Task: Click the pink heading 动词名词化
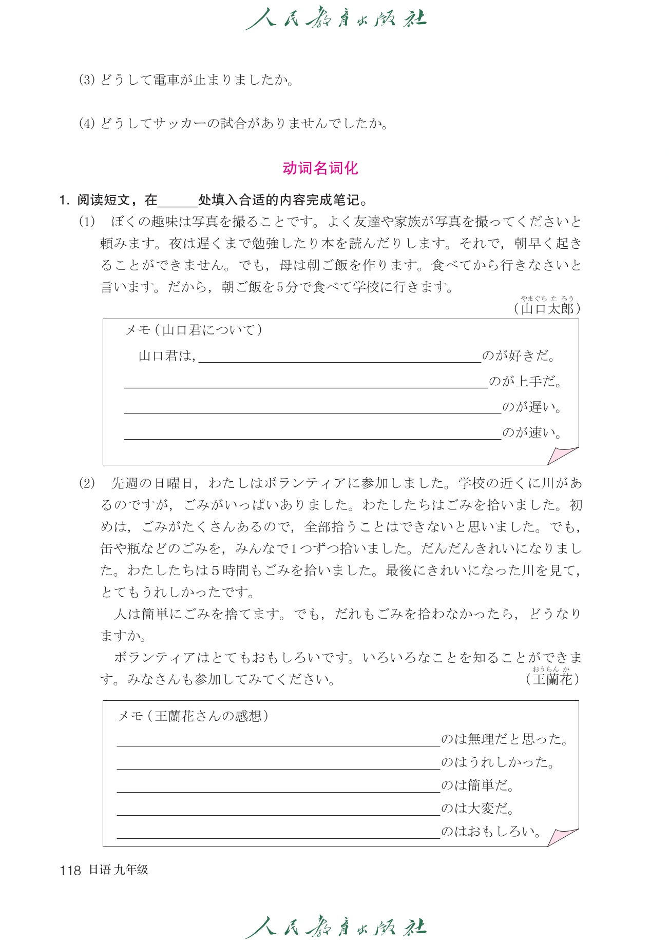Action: coord(320,168)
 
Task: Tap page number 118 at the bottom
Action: coord(70,870)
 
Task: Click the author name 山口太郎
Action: coord(547,308)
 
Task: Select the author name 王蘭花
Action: coord(552,679)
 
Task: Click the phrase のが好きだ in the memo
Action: coord(519,356)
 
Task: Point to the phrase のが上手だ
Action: coord(525,381)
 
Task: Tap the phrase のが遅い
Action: coord(532,407)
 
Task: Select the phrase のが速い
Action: coord(532,432)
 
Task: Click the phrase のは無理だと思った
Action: coord(505,739)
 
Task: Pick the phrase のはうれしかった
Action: coord(498,762)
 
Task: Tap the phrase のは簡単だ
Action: coord(477,785)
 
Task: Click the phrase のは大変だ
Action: coord(477,808)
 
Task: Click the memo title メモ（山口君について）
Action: coord(194,330)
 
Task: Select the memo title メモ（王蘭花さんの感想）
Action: coord(194,716)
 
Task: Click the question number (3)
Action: coord(87,80)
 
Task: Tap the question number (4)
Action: coord(87,124)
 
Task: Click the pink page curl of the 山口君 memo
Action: coord(562,455)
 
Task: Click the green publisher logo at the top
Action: coord(335,19)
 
